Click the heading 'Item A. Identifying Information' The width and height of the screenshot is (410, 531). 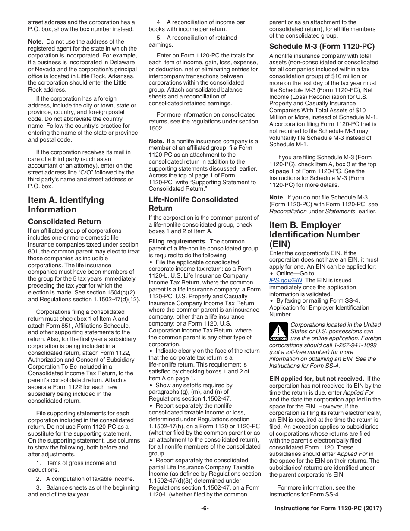(66, 205)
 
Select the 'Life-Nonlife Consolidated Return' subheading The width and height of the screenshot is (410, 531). (193, 204)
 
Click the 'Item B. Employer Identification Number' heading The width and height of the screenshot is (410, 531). (314, 234)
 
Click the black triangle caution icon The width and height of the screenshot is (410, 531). (278, 332)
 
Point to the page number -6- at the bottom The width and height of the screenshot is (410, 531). (205, 509)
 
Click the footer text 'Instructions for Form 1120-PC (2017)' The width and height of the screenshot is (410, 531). (328, 509)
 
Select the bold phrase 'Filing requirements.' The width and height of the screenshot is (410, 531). (177, 241)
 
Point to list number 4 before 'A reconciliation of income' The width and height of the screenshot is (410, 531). (158, 22)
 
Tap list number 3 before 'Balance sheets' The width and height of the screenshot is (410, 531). (38, 487)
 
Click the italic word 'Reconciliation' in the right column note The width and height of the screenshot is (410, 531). (287, 211)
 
